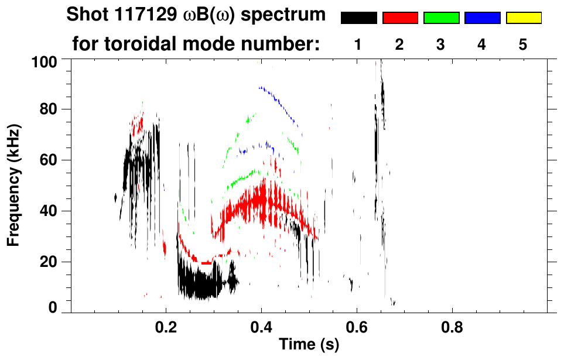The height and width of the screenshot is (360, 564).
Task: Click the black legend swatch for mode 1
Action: point(358,18)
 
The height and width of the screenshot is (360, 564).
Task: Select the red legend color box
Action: point(400,18)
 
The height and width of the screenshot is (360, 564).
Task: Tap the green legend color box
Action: point(441,18)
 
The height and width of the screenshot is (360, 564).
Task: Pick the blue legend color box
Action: point(482,18)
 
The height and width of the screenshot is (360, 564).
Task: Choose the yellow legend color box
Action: point(524,18)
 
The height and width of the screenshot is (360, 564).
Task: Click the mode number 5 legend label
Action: point(523,44)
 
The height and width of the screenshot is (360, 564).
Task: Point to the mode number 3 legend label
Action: point(441,44)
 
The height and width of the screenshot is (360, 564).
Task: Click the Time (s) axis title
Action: point(309,345)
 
